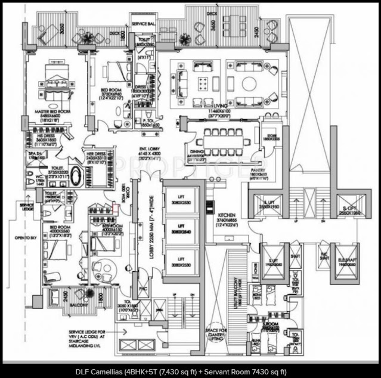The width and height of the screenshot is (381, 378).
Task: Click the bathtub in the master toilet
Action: (77, 176)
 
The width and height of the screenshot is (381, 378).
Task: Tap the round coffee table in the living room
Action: (249, 83)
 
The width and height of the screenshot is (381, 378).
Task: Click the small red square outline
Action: (116, 209)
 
